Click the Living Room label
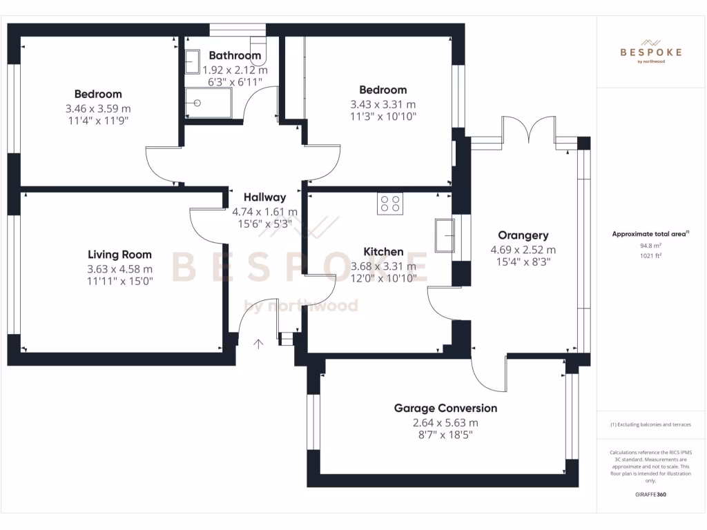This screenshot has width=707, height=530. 119,255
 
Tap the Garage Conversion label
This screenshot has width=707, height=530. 445,408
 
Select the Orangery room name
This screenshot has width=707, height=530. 523,235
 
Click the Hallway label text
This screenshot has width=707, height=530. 264,197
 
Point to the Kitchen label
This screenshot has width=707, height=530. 383,251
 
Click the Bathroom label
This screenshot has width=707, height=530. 235,55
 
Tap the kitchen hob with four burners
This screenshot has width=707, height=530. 389,203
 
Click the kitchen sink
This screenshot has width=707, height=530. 445,235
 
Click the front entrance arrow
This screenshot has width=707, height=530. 260,344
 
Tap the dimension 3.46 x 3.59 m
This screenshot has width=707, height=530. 98,108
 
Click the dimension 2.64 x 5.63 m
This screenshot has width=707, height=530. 445,423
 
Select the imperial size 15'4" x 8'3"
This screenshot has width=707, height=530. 523,262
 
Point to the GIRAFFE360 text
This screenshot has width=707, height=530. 650,494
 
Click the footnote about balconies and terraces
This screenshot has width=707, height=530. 650,424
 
